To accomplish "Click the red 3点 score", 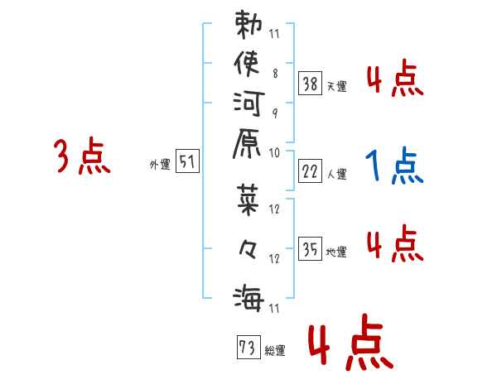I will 81,157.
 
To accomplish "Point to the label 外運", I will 159,165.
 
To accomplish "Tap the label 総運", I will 276,351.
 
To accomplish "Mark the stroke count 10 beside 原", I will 274,152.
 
